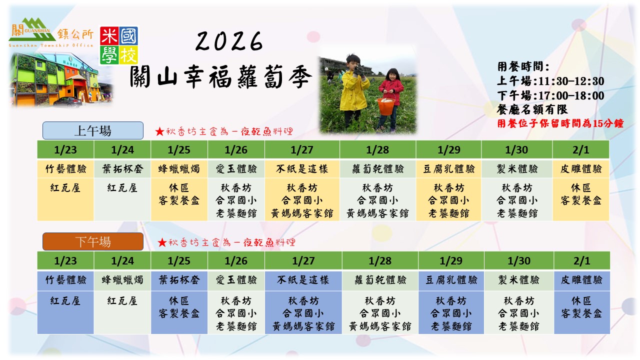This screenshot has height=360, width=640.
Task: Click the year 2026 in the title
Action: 229,42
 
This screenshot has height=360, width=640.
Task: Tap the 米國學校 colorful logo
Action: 118,45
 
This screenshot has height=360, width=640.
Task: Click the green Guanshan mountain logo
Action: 32,30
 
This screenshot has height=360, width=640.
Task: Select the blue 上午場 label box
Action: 92,131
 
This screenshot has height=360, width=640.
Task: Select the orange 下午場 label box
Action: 92,242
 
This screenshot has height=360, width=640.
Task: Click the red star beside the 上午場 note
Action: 159,132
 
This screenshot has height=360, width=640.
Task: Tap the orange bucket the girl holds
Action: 386,105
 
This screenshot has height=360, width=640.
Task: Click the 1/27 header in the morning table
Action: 302,149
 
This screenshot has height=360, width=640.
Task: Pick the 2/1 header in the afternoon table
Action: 582,260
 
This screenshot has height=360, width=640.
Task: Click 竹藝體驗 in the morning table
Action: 65,169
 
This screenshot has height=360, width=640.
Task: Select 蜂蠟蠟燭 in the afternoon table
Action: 122,280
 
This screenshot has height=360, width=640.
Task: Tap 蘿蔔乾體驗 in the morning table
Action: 377,169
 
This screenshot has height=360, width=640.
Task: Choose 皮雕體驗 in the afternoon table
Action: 582,280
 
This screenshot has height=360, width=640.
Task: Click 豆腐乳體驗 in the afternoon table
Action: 451,280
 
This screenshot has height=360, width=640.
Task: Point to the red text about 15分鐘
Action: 560,123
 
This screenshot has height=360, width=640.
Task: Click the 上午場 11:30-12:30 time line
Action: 550,81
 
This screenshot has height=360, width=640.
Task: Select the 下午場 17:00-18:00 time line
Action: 550,95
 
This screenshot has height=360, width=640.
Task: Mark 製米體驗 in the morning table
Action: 517,169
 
